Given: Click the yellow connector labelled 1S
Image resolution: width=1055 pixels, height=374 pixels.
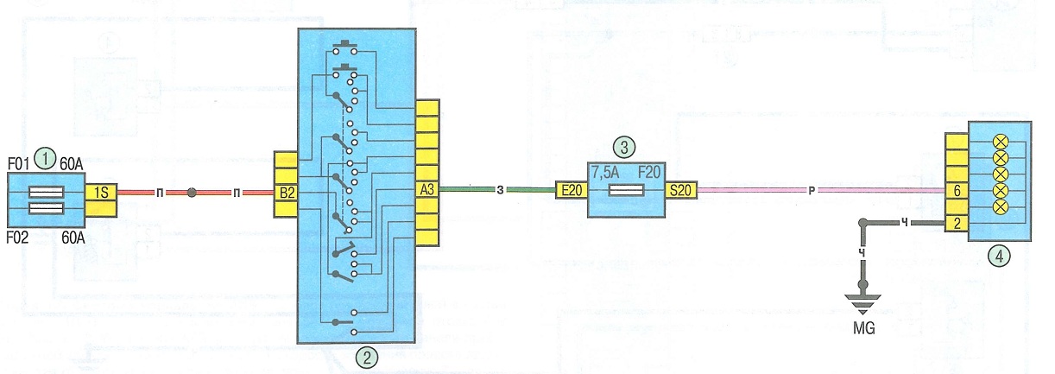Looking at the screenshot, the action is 101,192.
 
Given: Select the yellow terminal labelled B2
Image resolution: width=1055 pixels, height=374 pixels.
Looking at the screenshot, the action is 286,193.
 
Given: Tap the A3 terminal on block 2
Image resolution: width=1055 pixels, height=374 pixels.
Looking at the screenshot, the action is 427,189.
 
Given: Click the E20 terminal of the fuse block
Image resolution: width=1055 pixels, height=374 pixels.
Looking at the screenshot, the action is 572,190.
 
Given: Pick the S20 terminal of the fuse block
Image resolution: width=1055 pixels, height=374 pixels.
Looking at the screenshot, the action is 681,190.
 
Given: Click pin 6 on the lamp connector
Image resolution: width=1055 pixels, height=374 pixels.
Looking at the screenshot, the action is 957,190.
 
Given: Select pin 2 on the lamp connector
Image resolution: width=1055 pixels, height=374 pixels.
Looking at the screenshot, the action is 957,223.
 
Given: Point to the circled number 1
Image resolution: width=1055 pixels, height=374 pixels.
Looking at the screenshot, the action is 46,159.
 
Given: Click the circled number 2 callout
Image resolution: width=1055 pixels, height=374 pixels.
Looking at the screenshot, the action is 368,358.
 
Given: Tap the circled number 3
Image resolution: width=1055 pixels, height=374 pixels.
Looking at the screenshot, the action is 624,148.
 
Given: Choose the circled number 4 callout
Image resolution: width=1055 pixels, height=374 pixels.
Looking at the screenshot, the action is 1000,257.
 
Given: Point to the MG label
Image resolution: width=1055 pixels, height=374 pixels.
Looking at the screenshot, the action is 864,328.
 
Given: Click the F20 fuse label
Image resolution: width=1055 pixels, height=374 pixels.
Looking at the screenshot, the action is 649,172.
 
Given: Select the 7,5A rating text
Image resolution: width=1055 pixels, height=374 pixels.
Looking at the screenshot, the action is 606,173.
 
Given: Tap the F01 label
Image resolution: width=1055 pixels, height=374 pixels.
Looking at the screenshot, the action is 18,164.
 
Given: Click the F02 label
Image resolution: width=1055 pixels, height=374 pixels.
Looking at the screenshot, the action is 17,237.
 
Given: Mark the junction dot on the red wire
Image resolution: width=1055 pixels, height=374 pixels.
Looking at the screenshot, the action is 191,193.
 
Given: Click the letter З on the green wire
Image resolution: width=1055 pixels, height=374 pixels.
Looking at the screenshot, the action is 500,190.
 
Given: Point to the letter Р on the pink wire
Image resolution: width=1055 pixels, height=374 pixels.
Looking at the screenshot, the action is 811,191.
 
